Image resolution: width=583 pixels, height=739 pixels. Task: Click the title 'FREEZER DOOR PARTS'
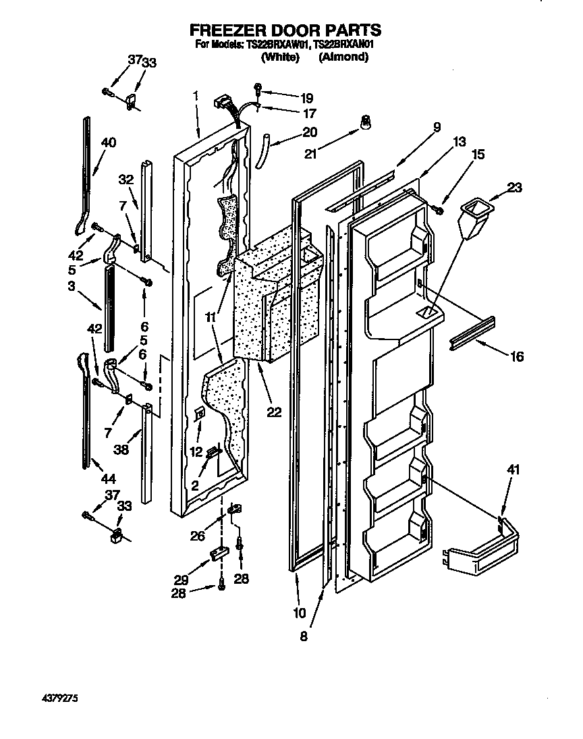(x=285, y=30)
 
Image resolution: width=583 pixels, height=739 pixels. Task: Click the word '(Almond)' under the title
(x=343, y=57)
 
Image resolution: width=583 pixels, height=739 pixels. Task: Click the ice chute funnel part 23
(x=473, y=217)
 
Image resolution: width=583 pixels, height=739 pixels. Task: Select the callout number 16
(x=516, y=357)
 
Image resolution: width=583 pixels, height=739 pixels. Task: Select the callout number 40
(x=108, y=142)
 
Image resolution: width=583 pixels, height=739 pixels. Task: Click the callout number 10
(x=299, y=613)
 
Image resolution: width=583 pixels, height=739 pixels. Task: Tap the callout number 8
(x=304, y=636)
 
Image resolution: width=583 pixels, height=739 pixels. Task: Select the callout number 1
(x=195, y=95)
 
